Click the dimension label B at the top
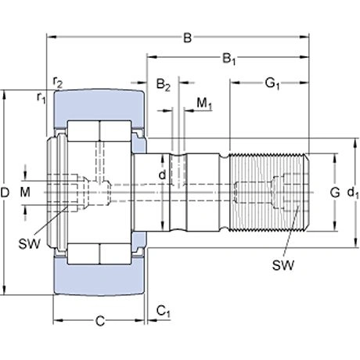pyautogui.click(x=186, y=36)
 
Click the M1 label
pyautogui.click(x=204, y=103)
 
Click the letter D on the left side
pyautogui.click(x=7, y=191)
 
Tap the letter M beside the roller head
pyautogui.click(x=24, y=191)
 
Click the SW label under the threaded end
pyautogui.click(x=283, y=265)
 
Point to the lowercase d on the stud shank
pyautogui.click(x=162, y=175)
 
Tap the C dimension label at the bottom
pyautogui.click(x=100, y=321)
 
